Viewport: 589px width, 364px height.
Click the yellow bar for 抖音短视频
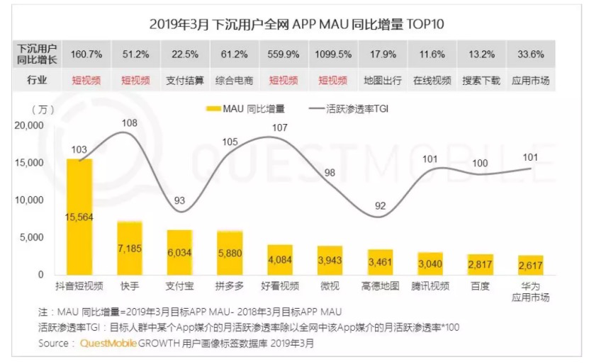click(79, 216)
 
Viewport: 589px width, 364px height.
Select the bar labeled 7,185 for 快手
click(130, 247)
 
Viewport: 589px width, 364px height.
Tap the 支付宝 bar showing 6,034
click(179, 251)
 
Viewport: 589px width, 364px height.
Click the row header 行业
click(37, 80)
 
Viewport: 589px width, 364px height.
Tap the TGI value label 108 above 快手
click(129, 123)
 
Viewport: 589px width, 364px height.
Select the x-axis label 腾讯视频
click(431, 286)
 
